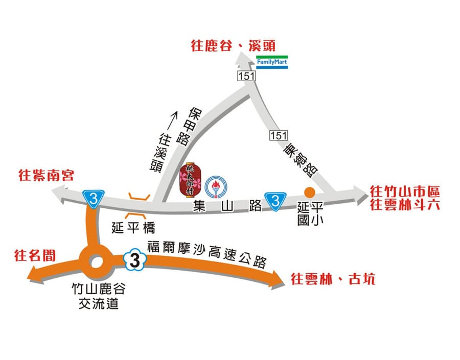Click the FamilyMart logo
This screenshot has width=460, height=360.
[272, 62]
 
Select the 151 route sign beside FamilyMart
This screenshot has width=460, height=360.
[245, 76]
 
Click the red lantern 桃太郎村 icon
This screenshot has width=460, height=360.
[190, 180]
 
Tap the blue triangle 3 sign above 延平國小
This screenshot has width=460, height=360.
[275, 200]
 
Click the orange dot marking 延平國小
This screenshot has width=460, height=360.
[309, 191]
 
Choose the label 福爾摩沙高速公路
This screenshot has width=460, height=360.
[207, 254]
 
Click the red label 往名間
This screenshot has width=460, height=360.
[35, 255]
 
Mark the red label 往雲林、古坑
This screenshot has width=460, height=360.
[333, 279]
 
